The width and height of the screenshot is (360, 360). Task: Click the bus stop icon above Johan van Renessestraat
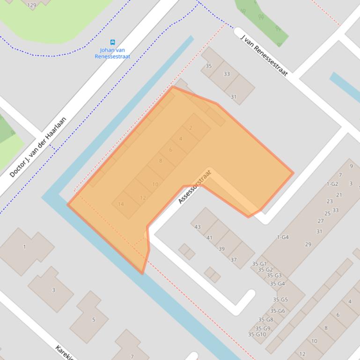(x=112, y=42)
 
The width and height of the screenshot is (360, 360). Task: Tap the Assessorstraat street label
(x=195, y=187)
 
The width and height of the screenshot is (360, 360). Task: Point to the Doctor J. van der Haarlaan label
(x=38, y=147)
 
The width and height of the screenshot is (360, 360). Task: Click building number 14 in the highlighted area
(x=121, y=204)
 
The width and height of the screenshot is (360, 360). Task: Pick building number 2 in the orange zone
(x=191, y=128)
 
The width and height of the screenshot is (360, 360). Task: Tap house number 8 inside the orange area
(x=161, y=160)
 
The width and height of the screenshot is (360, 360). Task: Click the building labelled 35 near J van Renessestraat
(x=209, y=66)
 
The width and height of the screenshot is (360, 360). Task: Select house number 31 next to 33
(x=234, y=97)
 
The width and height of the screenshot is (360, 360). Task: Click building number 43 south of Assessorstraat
(x=198, y=227)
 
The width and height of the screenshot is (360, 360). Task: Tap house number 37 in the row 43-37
(x=234, y=260)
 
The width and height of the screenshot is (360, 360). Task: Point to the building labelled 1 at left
(x=24, y=246)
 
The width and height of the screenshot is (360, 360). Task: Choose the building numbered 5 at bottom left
(x=94, y=320)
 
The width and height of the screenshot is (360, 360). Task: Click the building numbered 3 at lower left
(x=53, y=290)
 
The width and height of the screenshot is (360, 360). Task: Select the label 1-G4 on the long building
(x=283, y=237)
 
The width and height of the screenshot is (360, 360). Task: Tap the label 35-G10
(x=257, y=334)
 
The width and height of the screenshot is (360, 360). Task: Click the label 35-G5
(x=280, y=300)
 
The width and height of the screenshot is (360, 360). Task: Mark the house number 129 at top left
(x=32, y=5)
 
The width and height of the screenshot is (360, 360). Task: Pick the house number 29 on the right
(x=308, y=244)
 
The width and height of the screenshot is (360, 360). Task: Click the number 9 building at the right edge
(x=351, y=166)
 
